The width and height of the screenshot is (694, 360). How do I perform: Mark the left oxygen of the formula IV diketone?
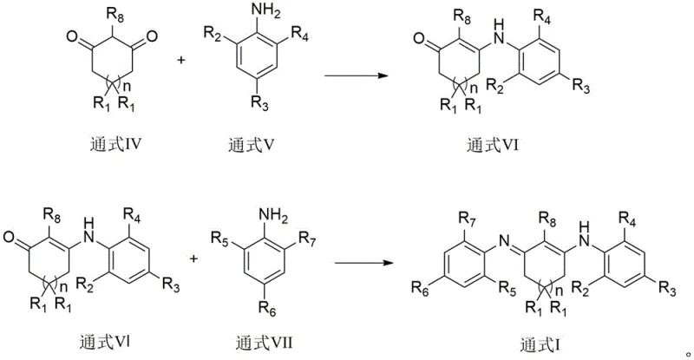click(68, 36)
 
